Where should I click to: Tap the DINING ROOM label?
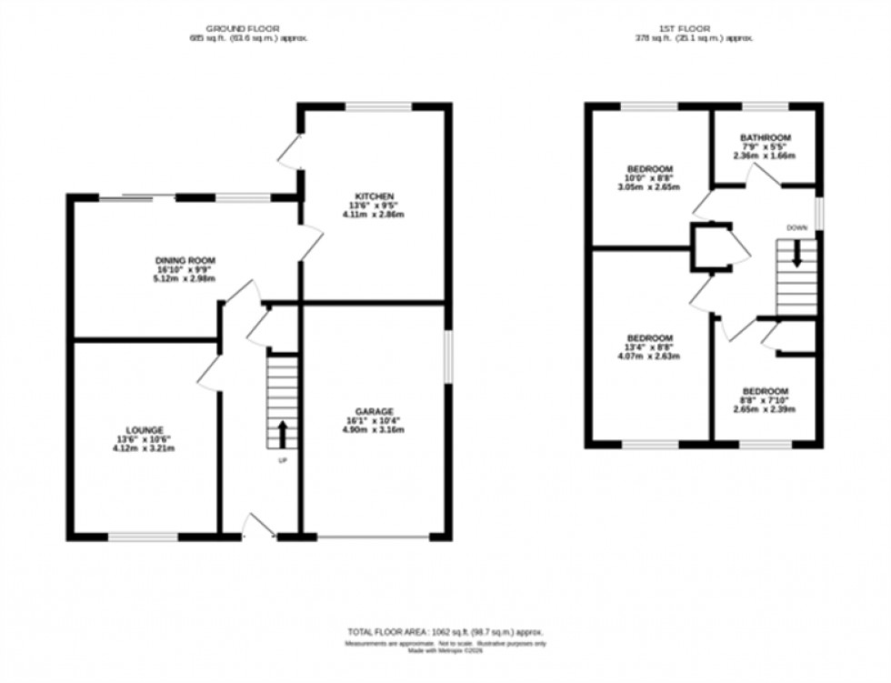[185, 260]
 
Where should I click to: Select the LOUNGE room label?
[145, 430]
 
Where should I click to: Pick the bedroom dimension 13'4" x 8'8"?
[649, 347]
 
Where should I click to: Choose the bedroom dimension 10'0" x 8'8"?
[649, 178]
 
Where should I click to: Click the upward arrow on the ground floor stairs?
[282, 433]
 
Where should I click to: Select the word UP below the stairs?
[282, 460]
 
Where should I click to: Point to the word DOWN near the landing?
[796, 227]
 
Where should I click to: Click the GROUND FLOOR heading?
[241, 29]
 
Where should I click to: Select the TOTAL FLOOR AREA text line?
[445, 631]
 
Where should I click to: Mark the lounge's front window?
[144, 537]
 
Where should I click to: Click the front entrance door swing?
[260, 527]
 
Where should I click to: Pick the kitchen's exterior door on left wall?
[292, 153]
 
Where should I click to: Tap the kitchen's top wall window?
[378, 106]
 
